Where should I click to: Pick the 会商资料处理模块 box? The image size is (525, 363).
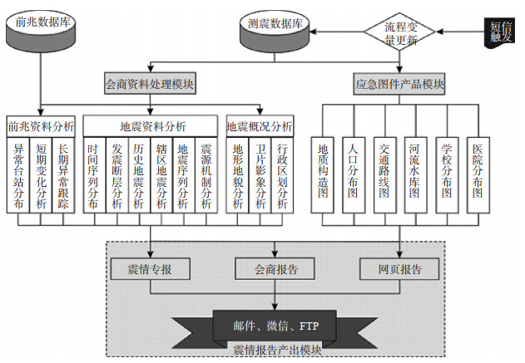click(151, 84)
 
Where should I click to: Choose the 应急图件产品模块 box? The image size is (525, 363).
click(399, 84)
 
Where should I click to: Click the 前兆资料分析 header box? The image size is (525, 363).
click(41, 126)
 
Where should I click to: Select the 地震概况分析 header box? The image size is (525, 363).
click(260, 126)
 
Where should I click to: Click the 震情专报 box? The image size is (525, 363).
click(151, 269)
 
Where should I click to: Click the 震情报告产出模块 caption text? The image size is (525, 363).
click(275, 350)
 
